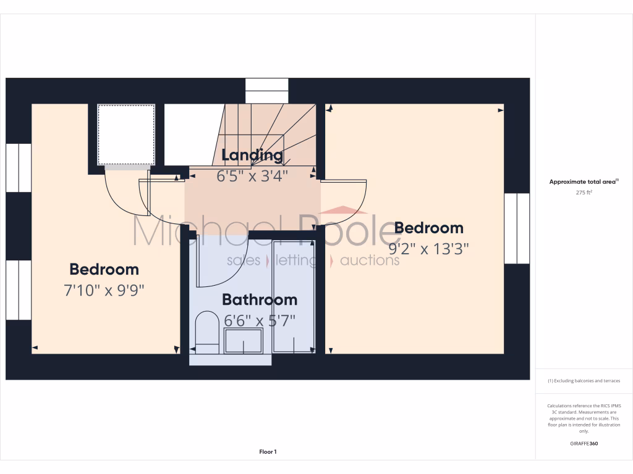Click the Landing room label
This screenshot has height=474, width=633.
(252, 155)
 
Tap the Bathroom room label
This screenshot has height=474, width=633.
(260, 300)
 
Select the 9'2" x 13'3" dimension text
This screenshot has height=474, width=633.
(428, 249)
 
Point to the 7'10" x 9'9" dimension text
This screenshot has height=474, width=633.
(104, 290)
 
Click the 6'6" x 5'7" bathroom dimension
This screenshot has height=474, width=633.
(260, 320)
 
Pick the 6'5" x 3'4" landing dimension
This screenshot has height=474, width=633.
(252, 175)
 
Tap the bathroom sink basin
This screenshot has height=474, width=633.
(244, 341)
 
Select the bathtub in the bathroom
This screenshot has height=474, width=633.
(294, 296)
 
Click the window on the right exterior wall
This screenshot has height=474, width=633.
(517, 228)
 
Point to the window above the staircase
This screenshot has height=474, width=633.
(266, 91)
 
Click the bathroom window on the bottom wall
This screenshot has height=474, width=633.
(230, 359)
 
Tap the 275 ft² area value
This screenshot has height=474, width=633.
(584, 193)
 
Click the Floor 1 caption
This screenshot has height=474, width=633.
(268, 452)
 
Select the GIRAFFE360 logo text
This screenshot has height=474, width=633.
(584, 443)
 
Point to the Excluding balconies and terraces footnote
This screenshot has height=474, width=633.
(584, 381)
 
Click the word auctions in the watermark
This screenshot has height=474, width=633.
(370, 260)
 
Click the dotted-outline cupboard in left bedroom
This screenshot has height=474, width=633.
(126, 135)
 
